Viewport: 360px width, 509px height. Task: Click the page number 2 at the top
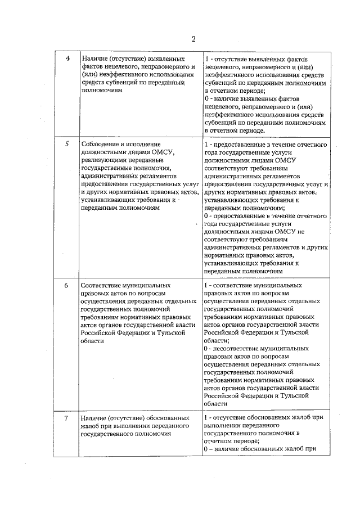193,39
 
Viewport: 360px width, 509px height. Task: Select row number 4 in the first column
67,59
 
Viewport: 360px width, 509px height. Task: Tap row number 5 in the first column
67,144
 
